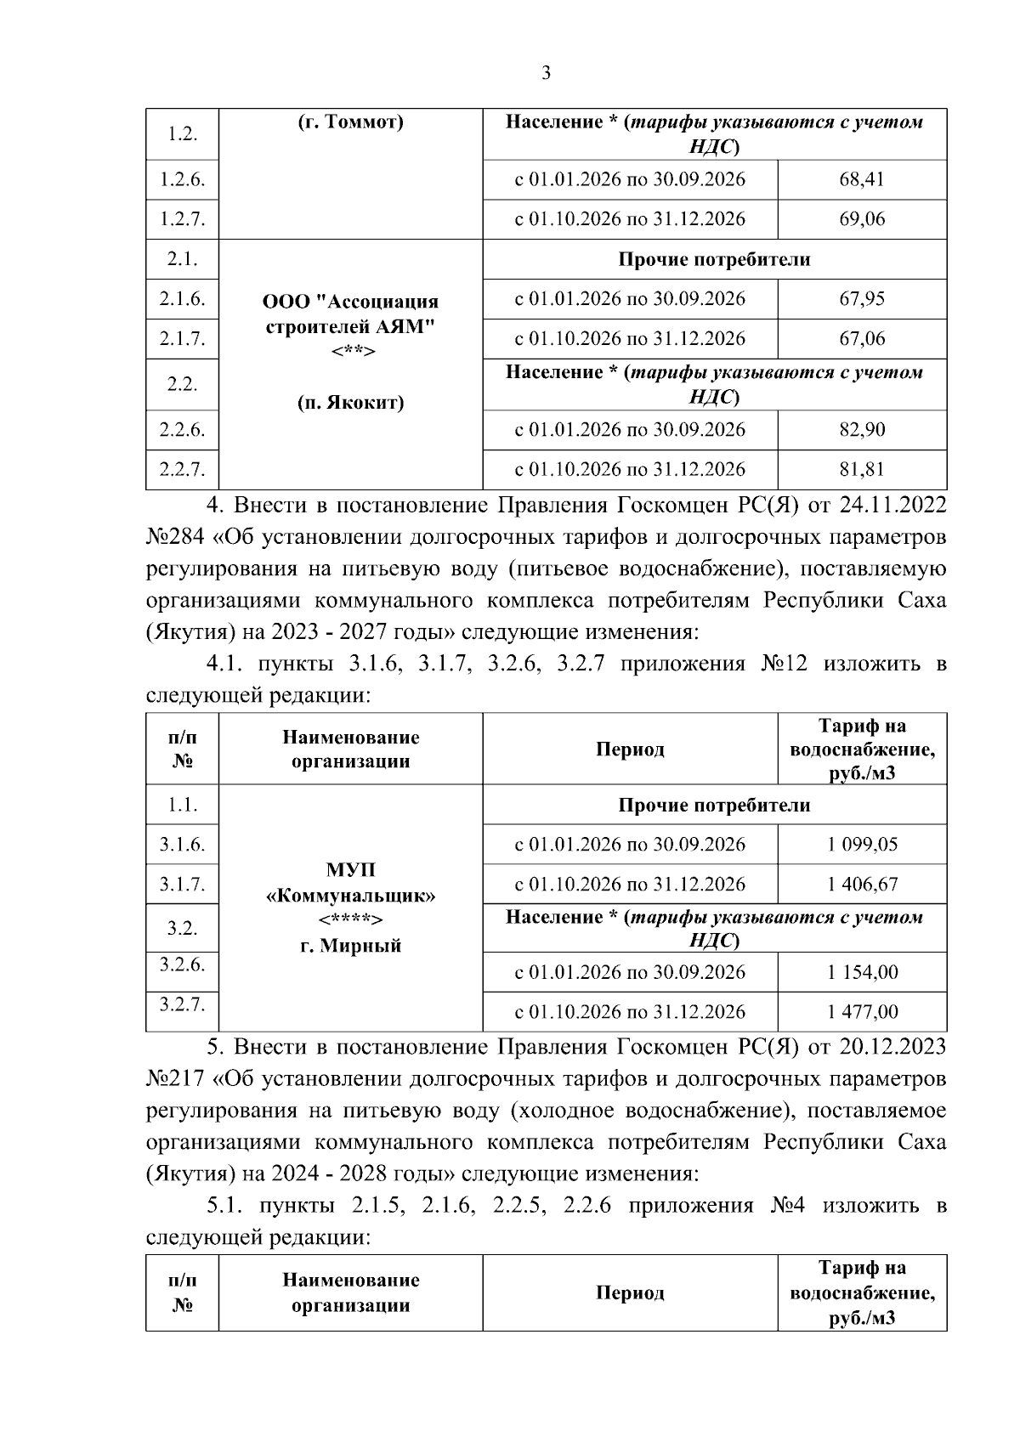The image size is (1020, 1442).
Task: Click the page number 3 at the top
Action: click(546, 74)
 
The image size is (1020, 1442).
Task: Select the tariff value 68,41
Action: click(861, 180)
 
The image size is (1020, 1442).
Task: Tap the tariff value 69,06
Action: click(861, 219)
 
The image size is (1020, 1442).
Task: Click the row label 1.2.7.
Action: click(182, 219)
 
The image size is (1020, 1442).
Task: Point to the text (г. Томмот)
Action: click(350, 122)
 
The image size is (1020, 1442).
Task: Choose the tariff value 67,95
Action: click(861, 299)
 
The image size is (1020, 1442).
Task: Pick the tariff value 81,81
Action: click(861, 469)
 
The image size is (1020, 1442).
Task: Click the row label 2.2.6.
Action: click(182, 430)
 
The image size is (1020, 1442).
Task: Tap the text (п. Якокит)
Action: click(350, 403)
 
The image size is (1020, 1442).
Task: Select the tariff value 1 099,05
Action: click(862, 845)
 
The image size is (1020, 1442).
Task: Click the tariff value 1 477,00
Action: click(862, 1011)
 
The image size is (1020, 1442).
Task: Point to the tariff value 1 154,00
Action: click(862, 972)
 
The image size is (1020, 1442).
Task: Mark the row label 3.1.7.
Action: click(182, 885)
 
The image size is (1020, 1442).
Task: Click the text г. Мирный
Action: click(350, 946)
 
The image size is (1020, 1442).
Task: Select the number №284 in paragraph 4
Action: click(175, 538)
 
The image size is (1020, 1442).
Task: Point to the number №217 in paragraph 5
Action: click(175, 1079)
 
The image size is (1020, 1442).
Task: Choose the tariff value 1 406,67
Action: click(862, 885)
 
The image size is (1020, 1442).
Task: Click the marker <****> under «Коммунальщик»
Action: click(350, 921)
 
